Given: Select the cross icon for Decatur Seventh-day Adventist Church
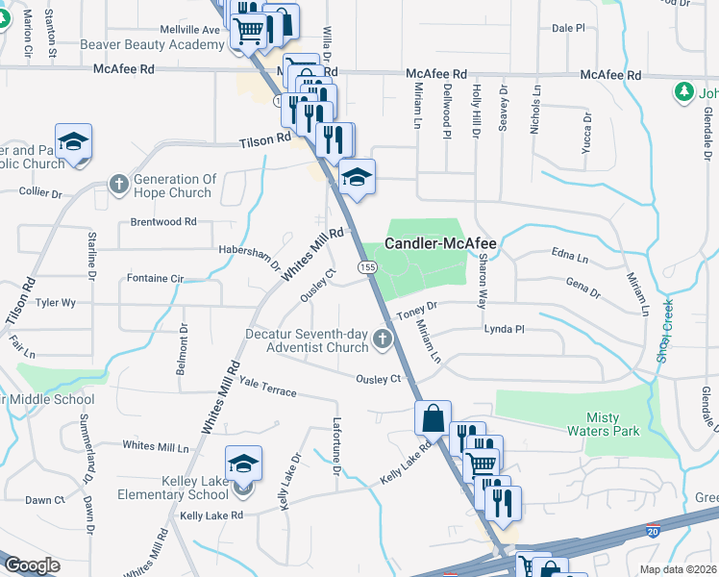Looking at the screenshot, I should (x=383, y=339).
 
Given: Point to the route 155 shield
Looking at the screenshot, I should (x=366, y=265).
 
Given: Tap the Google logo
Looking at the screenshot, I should (x=32, y=565).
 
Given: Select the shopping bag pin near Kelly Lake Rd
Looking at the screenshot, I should (x=433, y=418).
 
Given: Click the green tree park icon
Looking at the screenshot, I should (x=683, y=92).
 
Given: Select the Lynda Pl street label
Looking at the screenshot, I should (x=505, y=329).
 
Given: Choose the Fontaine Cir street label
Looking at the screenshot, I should (x=155, y=278).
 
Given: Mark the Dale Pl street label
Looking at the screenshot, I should (x=568, y=29).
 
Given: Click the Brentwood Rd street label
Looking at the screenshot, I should (x=163, y=221).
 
